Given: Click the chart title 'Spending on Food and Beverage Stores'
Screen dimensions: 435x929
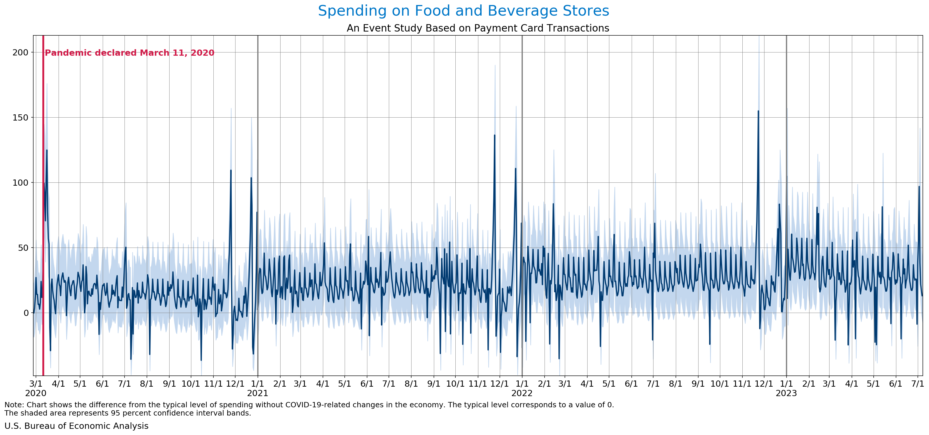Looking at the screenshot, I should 463,11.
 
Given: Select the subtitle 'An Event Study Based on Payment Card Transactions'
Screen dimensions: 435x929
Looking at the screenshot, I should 478,28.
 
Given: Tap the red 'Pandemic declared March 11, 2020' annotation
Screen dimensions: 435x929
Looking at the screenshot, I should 130,53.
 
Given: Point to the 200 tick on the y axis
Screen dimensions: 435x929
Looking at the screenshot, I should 20,53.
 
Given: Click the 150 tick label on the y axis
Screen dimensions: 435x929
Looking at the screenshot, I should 20,118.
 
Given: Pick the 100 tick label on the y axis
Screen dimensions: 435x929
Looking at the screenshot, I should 20,183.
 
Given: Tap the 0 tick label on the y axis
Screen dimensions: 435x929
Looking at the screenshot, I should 26,313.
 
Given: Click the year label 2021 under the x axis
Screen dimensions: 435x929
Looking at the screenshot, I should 258,393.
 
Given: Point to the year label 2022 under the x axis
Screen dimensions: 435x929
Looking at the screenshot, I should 522,393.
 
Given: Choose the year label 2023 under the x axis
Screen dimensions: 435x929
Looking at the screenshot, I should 786,393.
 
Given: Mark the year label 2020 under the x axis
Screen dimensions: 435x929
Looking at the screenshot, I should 36,393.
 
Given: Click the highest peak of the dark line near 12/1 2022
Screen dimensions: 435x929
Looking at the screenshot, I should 758,111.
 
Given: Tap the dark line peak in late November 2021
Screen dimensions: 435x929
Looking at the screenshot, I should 495,135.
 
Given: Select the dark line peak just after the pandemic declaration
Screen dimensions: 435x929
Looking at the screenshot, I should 47,150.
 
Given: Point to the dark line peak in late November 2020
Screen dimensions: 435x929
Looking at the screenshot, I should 231,170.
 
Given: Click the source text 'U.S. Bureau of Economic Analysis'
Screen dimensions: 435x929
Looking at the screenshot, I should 77,426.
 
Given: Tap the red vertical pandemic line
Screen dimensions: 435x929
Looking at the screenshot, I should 43,217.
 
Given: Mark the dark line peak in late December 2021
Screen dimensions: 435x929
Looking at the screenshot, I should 515,169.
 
